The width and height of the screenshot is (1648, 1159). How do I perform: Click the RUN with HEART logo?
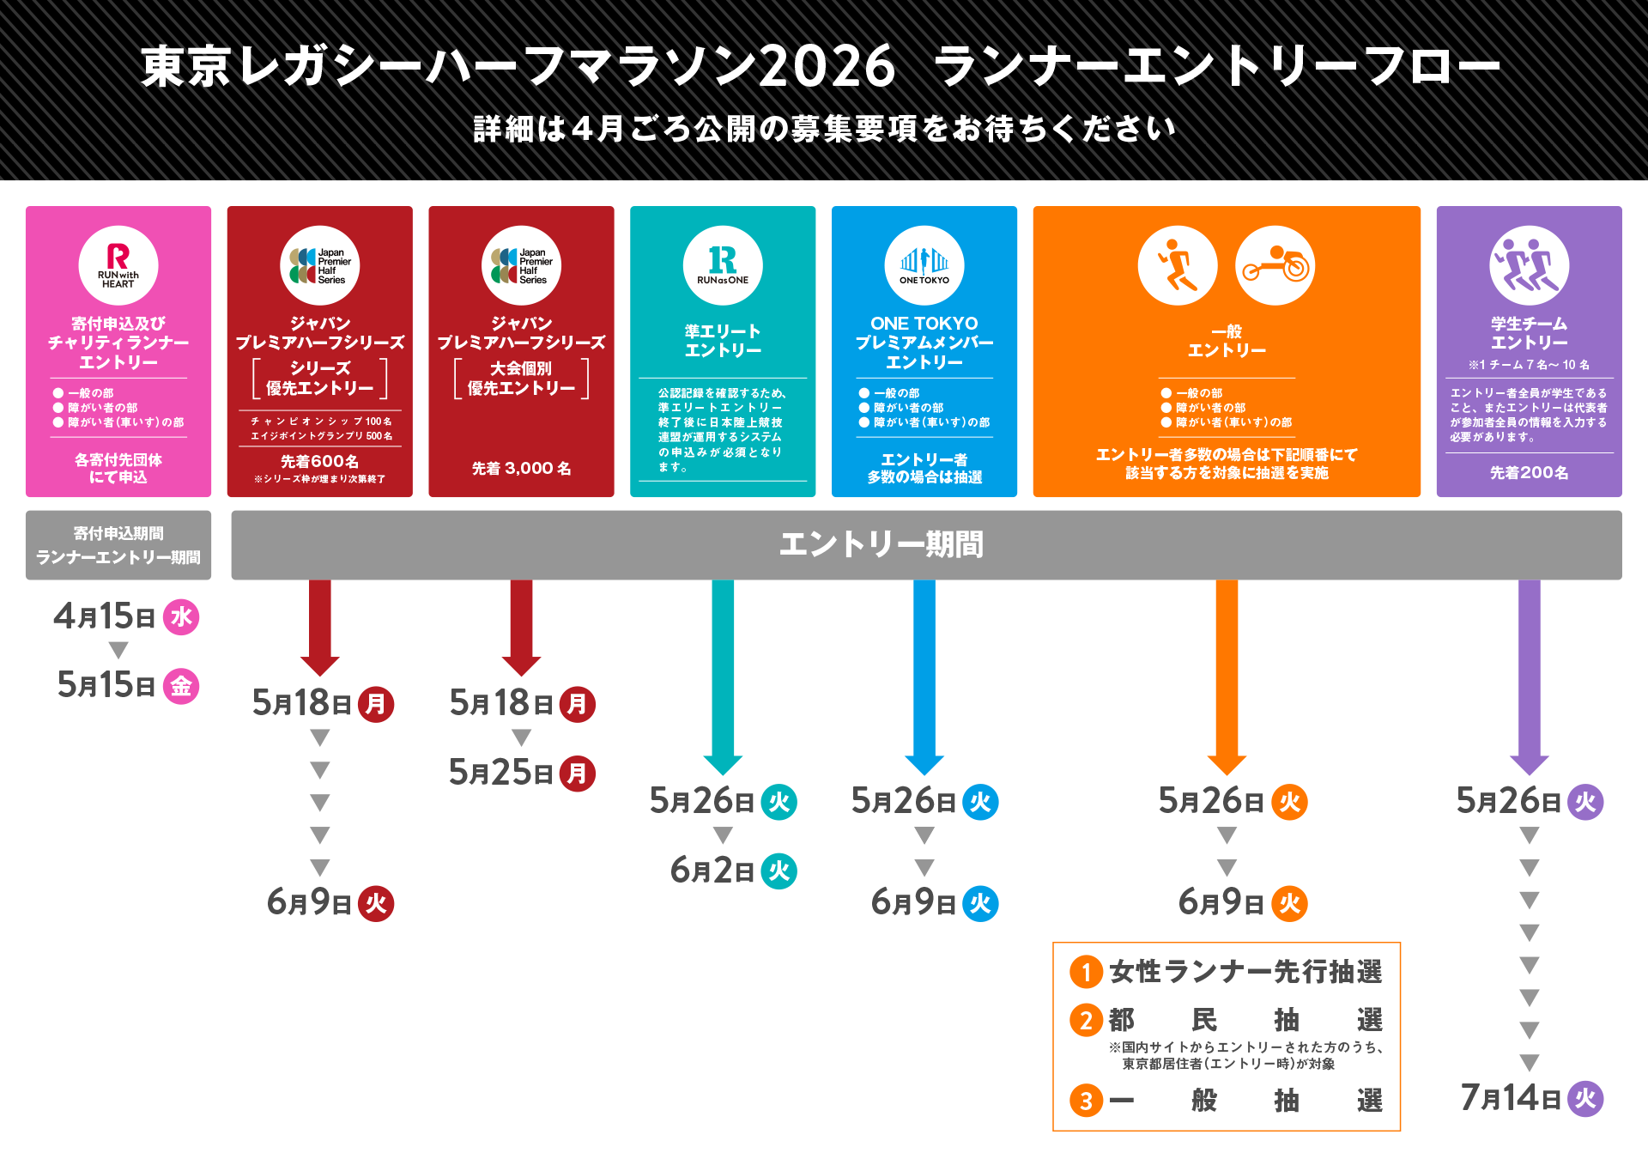[118, 265]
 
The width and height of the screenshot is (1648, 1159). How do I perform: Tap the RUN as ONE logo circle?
[723, 265]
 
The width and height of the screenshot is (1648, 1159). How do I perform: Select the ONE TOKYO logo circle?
[924, 265]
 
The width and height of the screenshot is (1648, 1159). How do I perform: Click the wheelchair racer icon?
[1275, 265]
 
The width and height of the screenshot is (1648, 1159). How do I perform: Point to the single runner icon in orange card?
[1178, 265]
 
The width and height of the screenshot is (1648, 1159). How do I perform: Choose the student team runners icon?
[1530, 265]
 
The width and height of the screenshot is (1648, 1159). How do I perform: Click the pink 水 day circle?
[181, 617]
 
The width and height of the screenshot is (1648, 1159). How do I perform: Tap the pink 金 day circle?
[181, 686]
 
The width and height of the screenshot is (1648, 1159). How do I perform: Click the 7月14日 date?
[1511, 1098]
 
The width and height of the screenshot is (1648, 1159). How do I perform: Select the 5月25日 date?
[501, 773]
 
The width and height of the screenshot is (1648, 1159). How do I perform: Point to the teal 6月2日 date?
[712, 871]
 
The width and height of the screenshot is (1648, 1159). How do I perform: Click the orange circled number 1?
[1086, 973]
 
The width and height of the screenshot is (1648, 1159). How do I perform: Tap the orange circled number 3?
[1086, 1101]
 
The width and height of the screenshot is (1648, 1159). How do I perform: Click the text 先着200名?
[1529, 473]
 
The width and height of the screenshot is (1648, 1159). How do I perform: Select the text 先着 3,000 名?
[521, 469]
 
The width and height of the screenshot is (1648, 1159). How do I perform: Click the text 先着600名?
[319, 462]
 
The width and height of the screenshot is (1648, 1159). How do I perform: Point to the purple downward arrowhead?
[1530, 764]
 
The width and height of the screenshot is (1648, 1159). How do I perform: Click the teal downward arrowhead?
[723, 764]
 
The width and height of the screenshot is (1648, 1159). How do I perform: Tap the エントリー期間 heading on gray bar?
[882, 544]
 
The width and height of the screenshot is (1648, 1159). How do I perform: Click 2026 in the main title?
[827, 67]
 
